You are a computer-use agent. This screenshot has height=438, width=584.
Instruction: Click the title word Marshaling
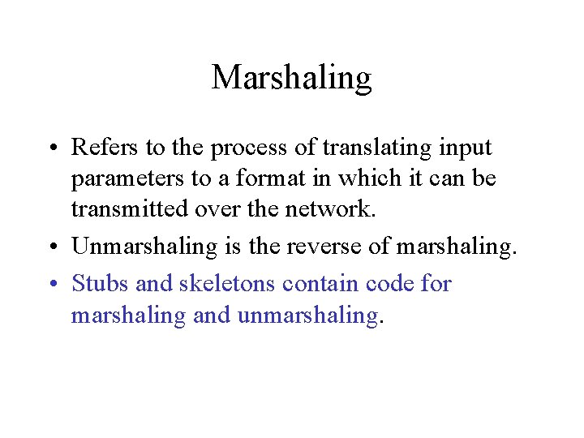291,78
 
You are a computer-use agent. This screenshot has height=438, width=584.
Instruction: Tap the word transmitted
130,209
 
